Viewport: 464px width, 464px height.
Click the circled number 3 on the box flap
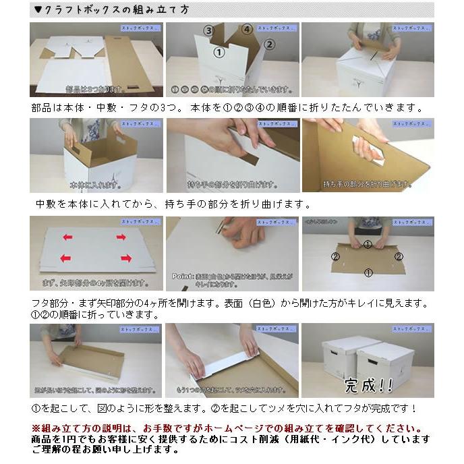210,31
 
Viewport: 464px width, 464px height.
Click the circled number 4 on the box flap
248,30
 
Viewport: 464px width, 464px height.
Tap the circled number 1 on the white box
219,51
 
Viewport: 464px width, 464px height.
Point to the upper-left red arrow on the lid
68,237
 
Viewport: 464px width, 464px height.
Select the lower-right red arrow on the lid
126,258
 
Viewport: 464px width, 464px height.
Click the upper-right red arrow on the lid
121,237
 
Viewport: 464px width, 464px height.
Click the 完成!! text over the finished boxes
368,385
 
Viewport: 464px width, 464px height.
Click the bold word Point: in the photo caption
183,276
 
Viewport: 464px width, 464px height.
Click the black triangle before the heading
38,9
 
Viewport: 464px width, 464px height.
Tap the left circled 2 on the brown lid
335,256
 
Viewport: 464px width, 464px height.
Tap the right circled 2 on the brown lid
399,256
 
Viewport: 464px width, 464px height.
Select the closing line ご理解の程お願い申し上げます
105,449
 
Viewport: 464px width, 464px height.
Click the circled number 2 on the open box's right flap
269,45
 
